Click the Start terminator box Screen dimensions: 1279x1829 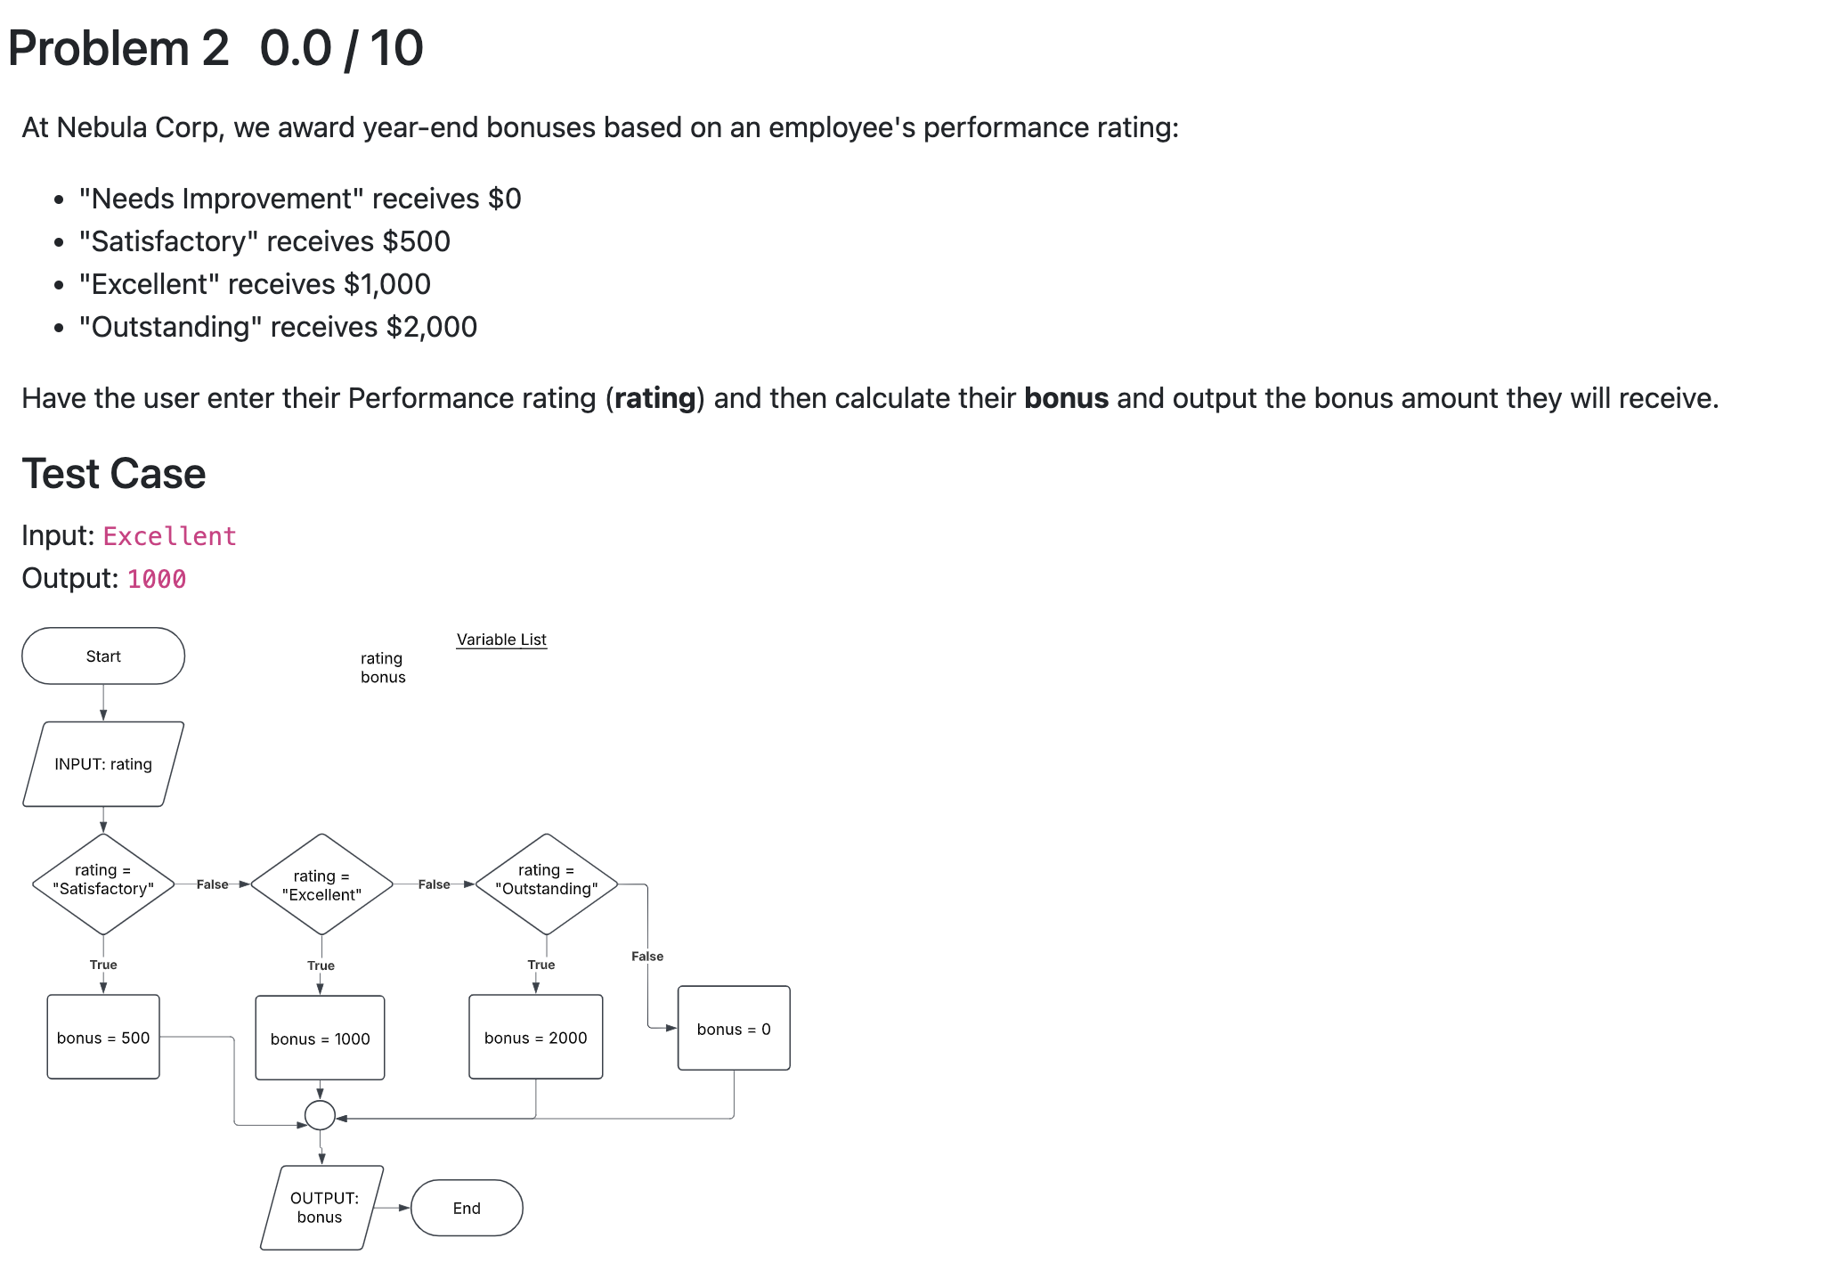tap(103, 656)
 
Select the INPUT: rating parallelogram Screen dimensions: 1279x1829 tap(103, 764)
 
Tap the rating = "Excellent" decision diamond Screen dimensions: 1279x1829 tap(321, 884)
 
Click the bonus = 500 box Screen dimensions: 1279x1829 tap(103, 1038)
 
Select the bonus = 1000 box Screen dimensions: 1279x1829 tap(320, 1039)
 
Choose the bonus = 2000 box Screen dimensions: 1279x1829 tap(535, 1038)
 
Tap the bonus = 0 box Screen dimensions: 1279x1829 tap(734, 1029)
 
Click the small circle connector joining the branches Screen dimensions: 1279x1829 tap(320, 1115)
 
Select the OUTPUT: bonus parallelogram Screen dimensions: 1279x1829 tap(321, 1208)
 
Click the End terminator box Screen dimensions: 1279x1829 tap(467, 1209)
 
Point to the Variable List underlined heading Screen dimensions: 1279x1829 tap(501, 639)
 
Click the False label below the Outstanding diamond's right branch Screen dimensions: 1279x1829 tap(647, 957)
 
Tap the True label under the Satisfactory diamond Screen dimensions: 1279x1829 tap(103, 965)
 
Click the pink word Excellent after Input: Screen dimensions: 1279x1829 tap(169, 536)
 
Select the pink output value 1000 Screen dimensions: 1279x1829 tap(157, 579)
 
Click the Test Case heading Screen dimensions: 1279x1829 tap(114, 474)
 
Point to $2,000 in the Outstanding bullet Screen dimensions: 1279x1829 tap(432, 327)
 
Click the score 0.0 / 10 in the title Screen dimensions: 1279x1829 tap(341, 48)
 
